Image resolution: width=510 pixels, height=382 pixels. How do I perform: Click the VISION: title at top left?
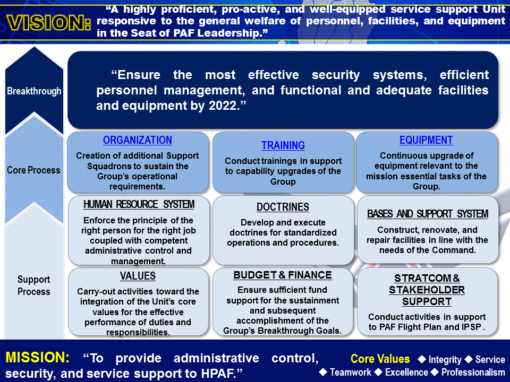pyautogui.click(x=48, y=23)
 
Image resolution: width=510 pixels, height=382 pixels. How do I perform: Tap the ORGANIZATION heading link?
pyautogui.click(x=138, y=141)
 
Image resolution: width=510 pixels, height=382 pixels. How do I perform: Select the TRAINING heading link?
pyautogui.click(x=283, y=145)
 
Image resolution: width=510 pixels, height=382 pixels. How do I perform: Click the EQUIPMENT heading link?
pyautogui.click(x=426, y=141)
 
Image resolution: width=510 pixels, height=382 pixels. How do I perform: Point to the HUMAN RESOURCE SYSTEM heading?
pyautogui.click(x=139, y=205)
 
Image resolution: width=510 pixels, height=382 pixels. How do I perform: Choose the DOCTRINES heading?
pyautogui.click(x=283, y=207)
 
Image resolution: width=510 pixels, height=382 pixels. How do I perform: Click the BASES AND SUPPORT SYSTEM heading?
pyautogui.click(x=428, y=214)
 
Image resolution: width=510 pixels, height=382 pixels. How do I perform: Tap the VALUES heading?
pyautogui.click(x=138, y=276)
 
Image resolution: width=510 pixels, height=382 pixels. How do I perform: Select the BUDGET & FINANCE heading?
pyautogui.click(x=283, y=275)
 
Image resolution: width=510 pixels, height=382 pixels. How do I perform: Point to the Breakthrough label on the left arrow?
pyautogui.click(x=34, y=91)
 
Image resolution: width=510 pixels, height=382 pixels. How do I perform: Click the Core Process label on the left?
pyautogui.click(x=33, y=170)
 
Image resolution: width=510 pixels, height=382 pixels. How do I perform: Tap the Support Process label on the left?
pyautogui.click(x=33, y=285)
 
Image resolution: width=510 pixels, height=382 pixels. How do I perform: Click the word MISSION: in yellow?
pyautogui.click(x=38, y=358)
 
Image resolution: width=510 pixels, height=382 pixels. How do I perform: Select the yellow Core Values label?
pyautogui.click(x=380, y=359)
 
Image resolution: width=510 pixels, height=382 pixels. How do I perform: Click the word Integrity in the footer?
pyautogui.click(x=445, y=360)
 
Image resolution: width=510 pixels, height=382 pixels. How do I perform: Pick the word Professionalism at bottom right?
pyautogui.click(x=473, y=372)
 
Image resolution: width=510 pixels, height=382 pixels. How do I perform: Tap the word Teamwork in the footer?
pyautogui.click(x=350, y=372)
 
